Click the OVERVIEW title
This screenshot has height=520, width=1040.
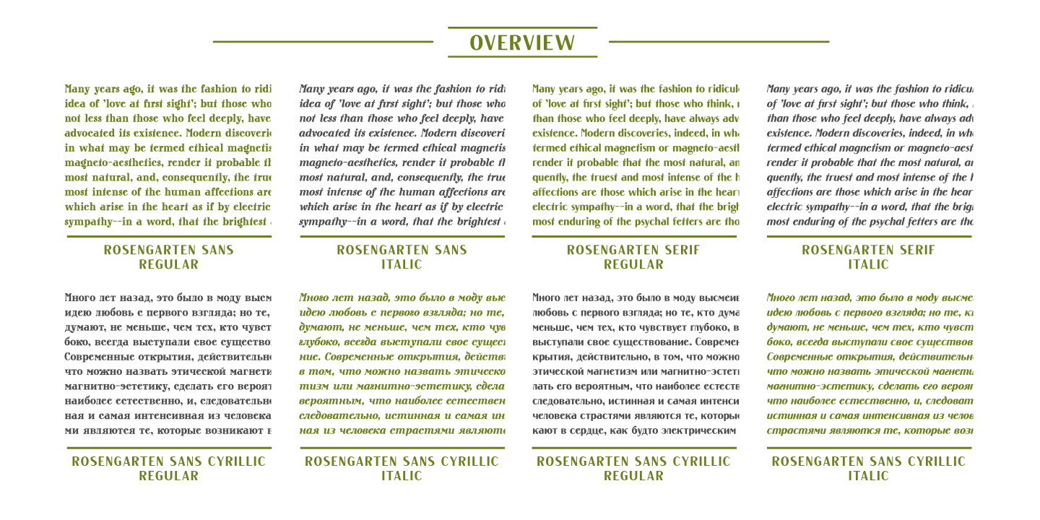522,43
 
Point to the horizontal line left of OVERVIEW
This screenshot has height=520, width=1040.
323,42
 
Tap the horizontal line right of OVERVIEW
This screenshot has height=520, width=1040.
719,42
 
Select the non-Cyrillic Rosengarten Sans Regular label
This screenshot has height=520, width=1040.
168,257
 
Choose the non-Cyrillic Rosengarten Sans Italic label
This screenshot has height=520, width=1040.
402,257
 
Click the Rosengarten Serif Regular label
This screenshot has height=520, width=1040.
633,257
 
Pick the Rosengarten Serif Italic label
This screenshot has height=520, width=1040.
868,257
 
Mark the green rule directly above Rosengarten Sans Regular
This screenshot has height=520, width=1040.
169,236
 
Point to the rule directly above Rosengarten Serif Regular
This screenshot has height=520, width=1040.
634,236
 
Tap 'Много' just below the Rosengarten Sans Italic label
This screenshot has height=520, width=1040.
313,298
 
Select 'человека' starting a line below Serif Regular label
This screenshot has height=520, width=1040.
554,416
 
